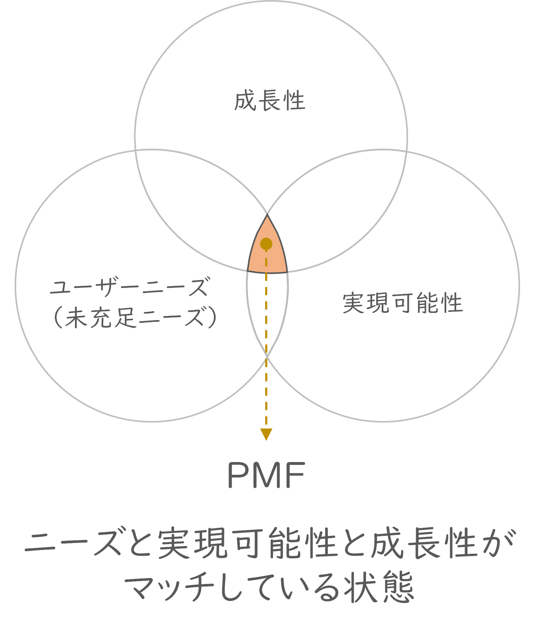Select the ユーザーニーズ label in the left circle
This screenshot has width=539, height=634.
click(128, 287)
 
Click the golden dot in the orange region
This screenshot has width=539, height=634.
click(266, 244)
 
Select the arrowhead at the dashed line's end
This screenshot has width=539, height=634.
click(266, 434)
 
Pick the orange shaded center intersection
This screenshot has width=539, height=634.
click(267, 257)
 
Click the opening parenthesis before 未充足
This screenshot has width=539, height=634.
click(58, 317)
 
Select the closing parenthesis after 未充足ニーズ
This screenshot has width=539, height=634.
click(212, 317)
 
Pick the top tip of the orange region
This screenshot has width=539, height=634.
click(267, 216)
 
